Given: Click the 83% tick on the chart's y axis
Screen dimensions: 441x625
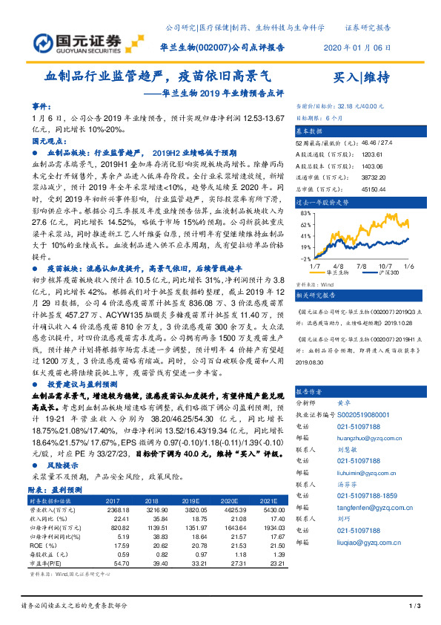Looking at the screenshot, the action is (305, 212).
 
